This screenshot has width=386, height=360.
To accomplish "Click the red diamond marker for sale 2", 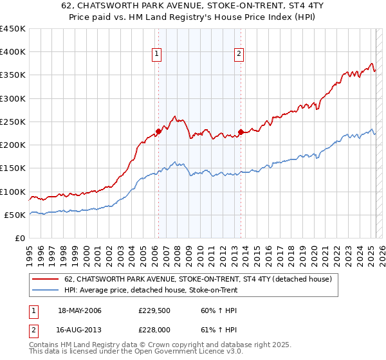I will (x=241, y=132).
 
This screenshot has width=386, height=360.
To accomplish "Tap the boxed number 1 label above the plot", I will (x=156, y=55).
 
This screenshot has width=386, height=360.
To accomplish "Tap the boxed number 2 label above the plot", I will (x=239, y=55).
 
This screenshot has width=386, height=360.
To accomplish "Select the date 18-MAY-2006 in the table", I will (x=80, y=310).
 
